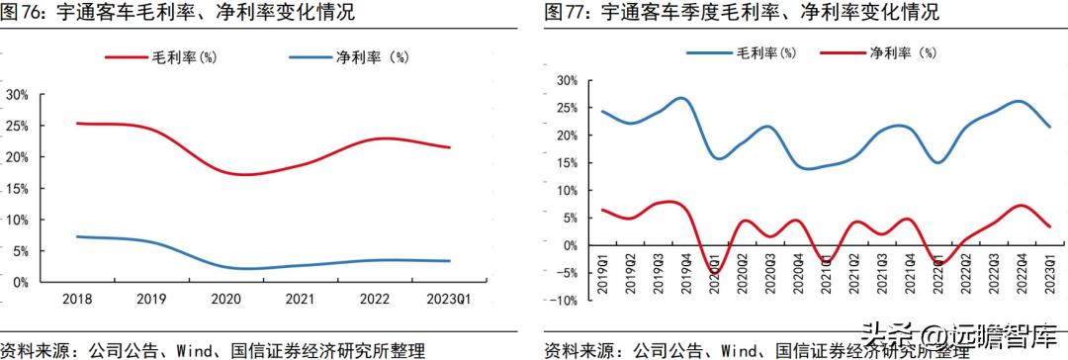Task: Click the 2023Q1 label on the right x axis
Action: click(x=1048, y=269)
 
